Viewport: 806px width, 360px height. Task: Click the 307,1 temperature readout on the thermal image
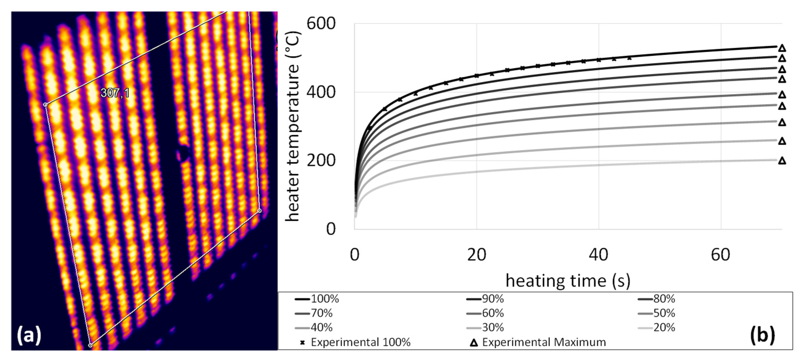coord(115,93)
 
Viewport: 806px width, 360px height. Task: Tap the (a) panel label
coord(29,335)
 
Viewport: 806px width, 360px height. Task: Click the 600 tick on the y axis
coord(321,23)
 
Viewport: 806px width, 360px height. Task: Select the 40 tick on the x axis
coord(598,255)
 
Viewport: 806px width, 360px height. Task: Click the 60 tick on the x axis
coord(720,255)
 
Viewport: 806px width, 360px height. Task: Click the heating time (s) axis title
coord(568,281)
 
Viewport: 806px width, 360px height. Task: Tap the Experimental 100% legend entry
coord(355,342)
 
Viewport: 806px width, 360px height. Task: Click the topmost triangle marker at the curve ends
coord(782,48)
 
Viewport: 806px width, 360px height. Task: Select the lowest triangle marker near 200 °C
coord(782,161)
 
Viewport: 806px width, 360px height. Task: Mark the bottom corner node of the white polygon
coord(90,345)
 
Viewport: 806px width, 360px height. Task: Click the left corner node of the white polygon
coord(45,104)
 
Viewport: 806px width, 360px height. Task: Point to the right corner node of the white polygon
coord(259,211)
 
